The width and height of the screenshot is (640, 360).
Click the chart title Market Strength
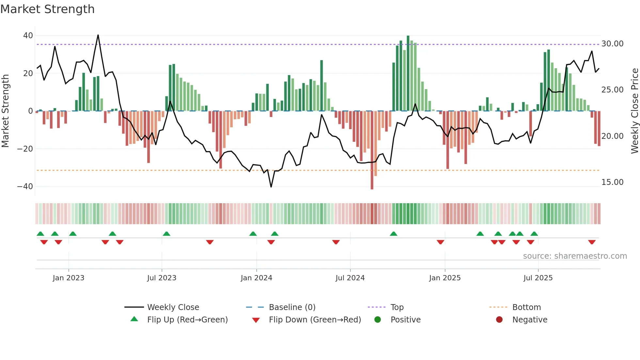[47, 9]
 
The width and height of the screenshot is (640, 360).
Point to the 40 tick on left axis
[28, 35]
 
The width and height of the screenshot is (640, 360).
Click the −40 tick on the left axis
[25, 187]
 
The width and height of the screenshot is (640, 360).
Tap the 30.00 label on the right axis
[612, 44]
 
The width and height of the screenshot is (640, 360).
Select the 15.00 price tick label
[612, 182]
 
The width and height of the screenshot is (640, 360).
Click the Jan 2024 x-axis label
[256, 278]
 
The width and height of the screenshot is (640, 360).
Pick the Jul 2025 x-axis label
[538, 278]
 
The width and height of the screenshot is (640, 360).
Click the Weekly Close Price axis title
[634, 111]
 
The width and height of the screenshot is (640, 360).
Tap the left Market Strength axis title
[5, 111]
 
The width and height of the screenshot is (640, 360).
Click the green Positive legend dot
[377, 320]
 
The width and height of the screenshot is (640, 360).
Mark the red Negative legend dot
[499, 320]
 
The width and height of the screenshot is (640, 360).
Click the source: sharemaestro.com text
[575, 256]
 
